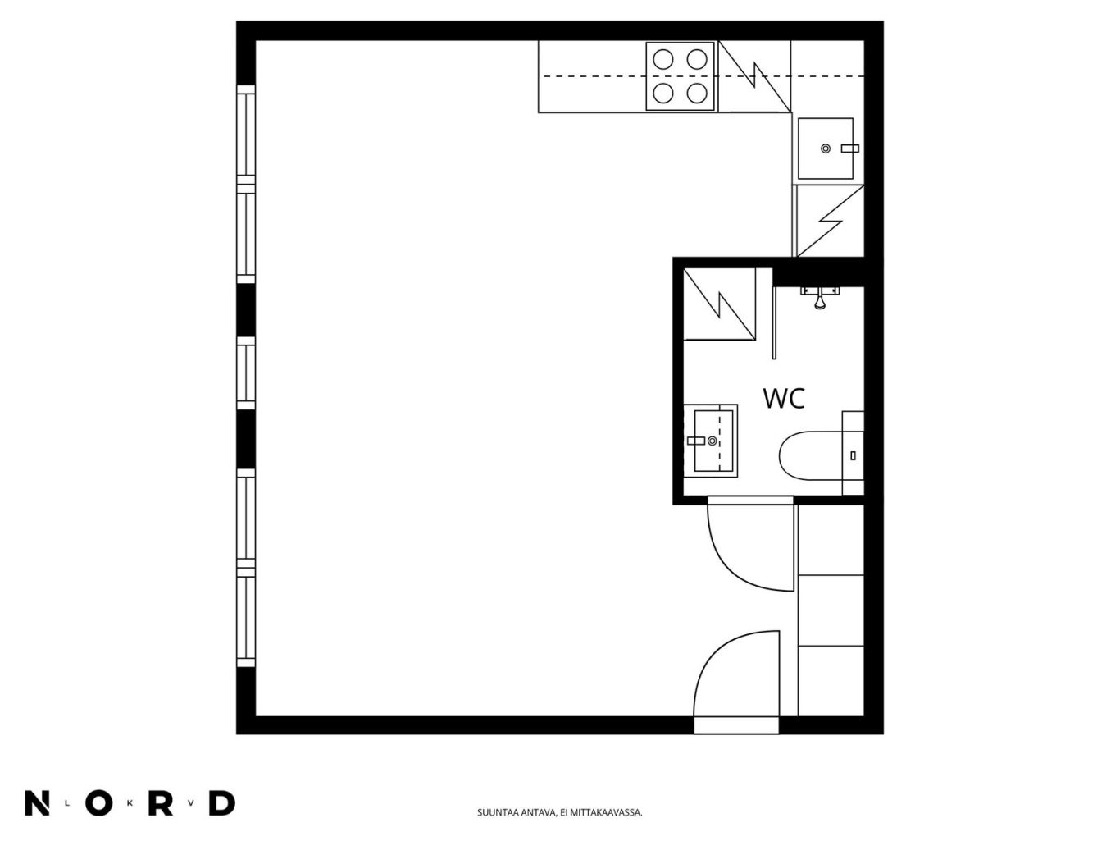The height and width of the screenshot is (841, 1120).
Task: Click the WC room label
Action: pyautogui.click(x=784, y=398)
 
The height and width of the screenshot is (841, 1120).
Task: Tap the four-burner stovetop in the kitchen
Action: pyautogui.click(x=680, y=76)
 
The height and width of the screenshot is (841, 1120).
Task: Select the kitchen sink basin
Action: pyautogui.click(x=825, y=149)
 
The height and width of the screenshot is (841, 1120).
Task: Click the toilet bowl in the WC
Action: pyautogui.click(x=811, y=455)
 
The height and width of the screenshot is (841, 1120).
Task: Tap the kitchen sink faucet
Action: pyautogui.click(x=850, y=149)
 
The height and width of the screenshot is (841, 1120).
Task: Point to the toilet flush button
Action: pyautogui.click(x=854, y=456)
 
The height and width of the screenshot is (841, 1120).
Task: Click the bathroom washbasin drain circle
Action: pyautogui.click(x=713, y=441)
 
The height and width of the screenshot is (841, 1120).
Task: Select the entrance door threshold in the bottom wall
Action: pyautogui.click(x=736, y=725)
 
